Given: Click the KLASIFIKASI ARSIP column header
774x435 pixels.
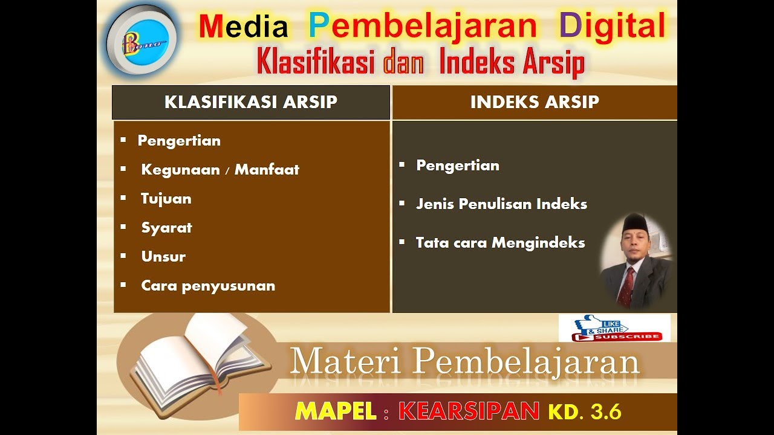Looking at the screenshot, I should [x=250, y=102].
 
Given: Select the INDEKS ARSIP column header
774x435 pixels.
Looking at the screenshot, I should [x=535, y=102].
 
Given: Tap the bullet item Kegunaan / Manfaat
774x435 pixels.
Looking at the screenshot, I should [x=220, y=170].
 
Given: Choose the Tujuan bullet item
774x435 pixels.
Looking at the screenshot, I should [x=166, y=199].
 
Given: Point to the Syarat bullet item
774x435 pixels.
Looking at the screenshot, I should [x=166, y=228].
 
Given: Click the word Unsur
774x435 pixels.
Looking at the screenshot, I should [x=163, y=257].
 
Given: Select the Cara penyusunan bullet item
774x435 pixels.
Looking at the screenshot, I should [x=208, y=286].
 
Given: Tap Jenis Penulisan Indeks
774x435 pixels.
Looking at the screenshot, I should [x=501, y=204].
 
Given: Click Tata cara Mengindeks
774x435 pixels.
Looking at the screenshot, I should [x=500, y=243].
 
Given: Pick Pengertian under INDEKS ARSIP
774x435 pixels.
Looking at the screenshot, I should [x=458, y=166].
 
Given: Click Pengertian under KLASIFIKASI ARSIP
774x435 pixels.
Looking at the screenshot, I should [x=179, y=141].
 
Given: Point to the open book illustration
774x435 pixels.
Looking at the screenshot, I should [x=200, y=359].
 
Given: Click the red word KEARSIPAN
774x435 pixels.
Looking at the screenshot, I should [x=469, y=411].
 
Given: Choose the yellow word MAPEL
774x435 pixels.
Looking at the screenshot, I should [x=336, y=411].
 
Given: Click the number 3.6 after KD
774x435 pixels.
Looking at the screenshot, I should [x=606, y=412].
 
